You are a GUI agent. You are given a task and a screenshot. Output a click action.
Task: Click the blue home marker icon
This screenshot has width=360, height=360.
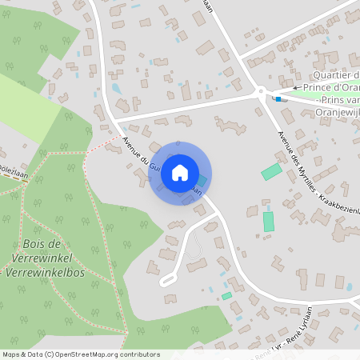coord(180,172)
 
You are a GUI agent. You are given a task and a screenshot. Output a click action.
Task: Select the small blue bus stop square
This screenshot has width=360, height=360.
coord(277,99)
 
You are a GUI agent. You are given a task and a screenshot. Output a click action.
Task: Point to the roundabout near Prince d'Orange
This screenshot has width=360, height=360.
coord(261,92)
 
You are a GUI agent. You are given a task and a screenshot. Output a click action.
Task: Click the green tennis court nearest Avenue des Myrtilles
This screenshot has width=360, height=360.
coord(271,171)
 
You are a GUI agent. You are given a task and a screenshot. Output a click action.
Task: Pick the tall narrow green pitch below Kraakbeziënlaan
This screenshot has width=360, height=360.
coord(269,221)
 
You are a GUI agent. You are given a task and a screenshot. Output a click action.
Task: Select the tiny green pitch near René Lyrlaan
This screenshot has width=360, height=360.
coord(226,296)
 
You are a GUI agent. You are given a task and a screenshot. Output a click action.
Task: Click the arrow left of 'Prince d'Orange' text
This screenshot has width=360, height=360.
coord(295,87)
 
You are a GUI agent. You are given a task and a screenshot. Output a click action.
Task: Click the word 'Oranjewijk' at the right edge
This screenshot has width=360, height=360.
coord(336,111)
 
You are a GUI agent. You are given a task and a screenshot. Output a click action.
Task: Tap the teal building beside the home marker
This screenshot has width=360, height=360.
coord(201,182)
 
